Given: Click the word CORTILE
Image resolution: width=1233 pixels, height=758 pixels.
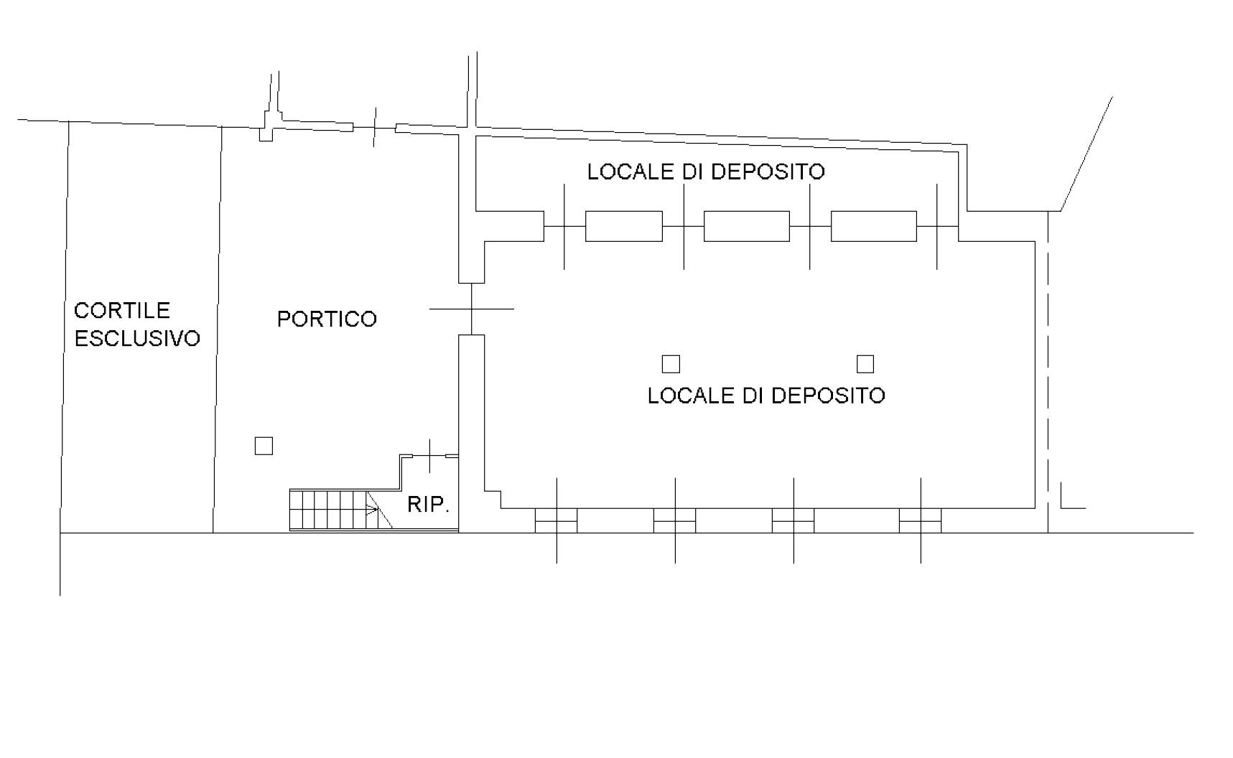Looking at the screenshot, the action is tap(122, 310).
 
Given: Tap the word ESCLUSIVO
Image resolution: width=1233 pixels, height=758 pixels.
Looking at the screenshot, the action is tap(137, 338).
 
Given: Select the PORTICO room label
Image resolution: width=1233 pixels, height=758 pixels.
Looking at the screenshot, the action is tap(327, 319).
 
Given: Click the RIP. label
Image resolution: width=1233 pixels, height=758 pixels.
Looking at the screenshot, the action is tap(428, 505).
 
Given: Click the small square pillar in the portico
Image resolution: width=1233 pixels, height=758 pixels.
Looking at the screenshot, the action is tap(264, 446).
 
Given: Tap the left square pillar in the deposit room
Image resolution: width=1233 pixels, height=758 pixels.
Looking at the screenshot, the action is tap(671, 364).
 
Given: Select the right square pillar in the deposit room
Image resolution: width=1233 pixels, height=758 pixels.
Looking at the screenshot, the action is tap(865, 364).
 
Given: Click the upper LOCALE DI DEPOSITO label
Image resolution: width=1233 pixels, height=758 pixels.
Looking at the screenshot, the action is tap(706, 172).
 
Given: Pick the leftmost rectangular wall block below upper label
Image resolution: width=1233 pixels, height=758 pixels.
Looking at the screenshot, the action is tap(624, 226).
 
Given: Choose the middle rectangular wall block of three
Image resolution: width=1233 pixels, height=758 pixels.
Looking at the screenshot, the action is tap(747, 226).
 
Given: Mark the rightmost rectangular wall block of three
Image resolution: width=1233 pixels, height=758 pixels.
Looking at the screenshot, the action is tap(874, 226).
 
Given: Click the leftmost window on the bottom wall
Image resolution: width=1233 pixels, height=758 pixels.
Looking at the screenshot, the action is tap(557, 520).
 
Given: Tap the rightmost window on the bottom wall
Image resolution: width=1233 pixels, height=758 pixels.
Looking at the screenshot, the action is tap(921, 520).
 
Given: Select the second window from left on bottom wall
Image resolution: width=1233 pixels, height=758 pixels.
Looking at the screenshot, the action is tap(675, 520).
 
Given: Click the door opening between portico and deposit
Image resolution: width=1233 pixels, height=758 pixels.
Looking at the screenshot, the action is tap(472, 309).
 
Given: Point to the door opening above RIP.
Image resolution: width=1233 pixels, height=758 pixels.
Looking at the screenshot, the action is tap(429, 455).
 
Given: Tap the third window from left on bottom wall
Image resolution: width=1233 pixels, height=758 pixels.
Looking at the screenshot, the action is tap(794, 520).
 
